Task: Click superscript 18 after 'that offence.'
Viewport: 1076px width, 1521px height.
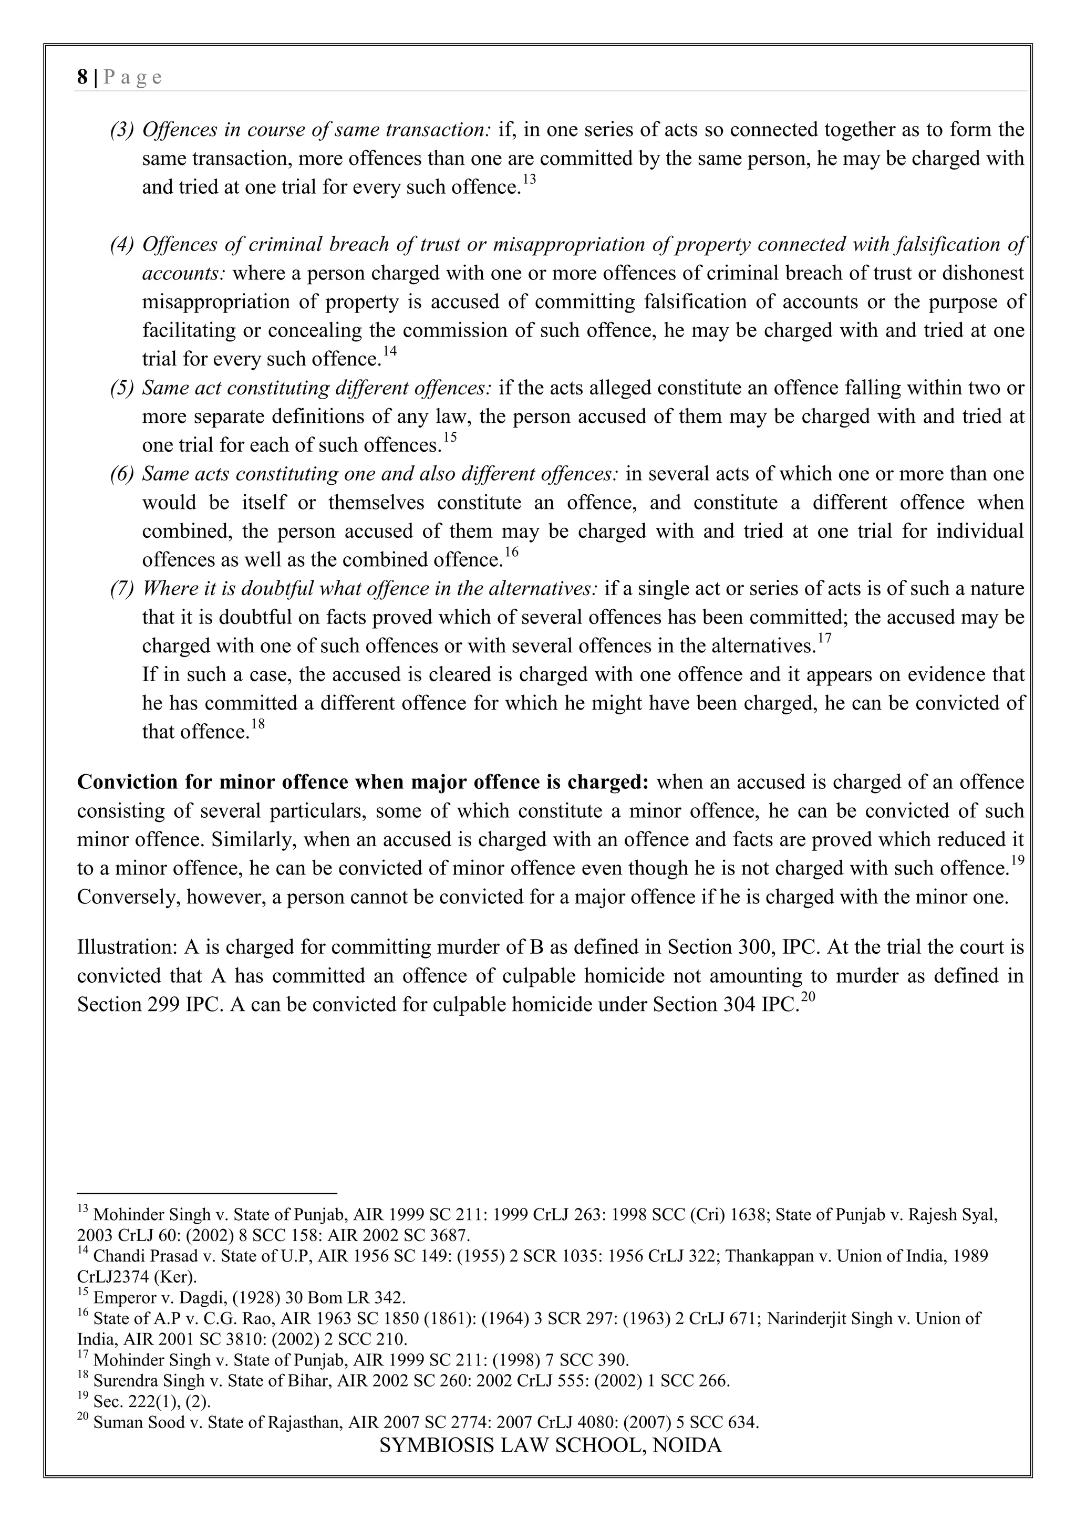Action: pos(258,725)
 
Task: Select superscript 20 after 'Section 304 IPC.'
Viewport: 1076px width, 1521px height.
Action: pos(806,998)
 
